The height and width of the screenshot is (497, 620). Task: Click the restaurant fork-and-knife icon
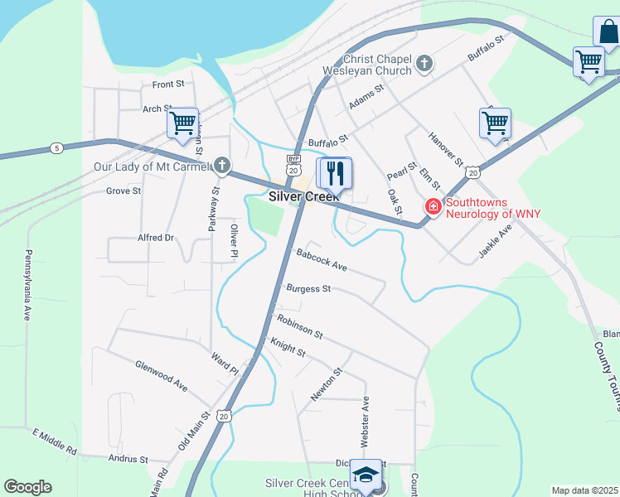tap(335, 173)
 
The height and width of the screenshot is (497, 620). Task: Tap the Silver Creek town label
tap(303, 197)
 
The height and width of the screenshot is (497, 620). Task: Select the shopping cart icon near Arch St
tap(182, 123)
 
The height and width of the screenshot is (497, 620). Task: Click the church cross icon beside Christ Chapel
tap(424, 63)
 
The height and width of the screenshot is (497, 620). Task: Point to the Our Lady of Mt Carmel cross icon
tap(221, 166)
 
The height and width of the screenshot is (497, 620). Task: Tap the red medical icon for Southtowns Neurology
tap(432, 206)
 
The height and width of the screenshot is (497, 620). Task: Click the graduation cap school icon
tap(366, 474)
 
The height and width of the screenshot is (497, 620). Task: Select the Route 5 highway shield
tap(56, 148)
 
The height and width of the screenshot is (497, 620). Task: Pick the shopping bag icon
tap(608, 32)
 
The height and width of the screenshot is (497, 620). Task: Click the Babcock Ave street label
tap(321, 261)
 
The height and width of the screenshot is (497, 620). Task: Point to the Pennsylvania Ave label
tap(27, 285)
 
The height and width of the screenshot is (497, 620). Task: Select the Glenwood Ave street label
tap(162, 375)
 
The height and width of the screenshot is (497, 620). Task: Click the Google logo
tap(27, 487)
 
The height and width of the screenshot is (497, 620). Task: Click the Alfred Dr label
tap(156, 238)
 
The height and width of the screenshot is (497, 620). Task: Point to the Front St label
tap(167, 84)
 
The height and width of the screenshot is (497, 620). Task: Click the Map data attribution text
tap(584, 490)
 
